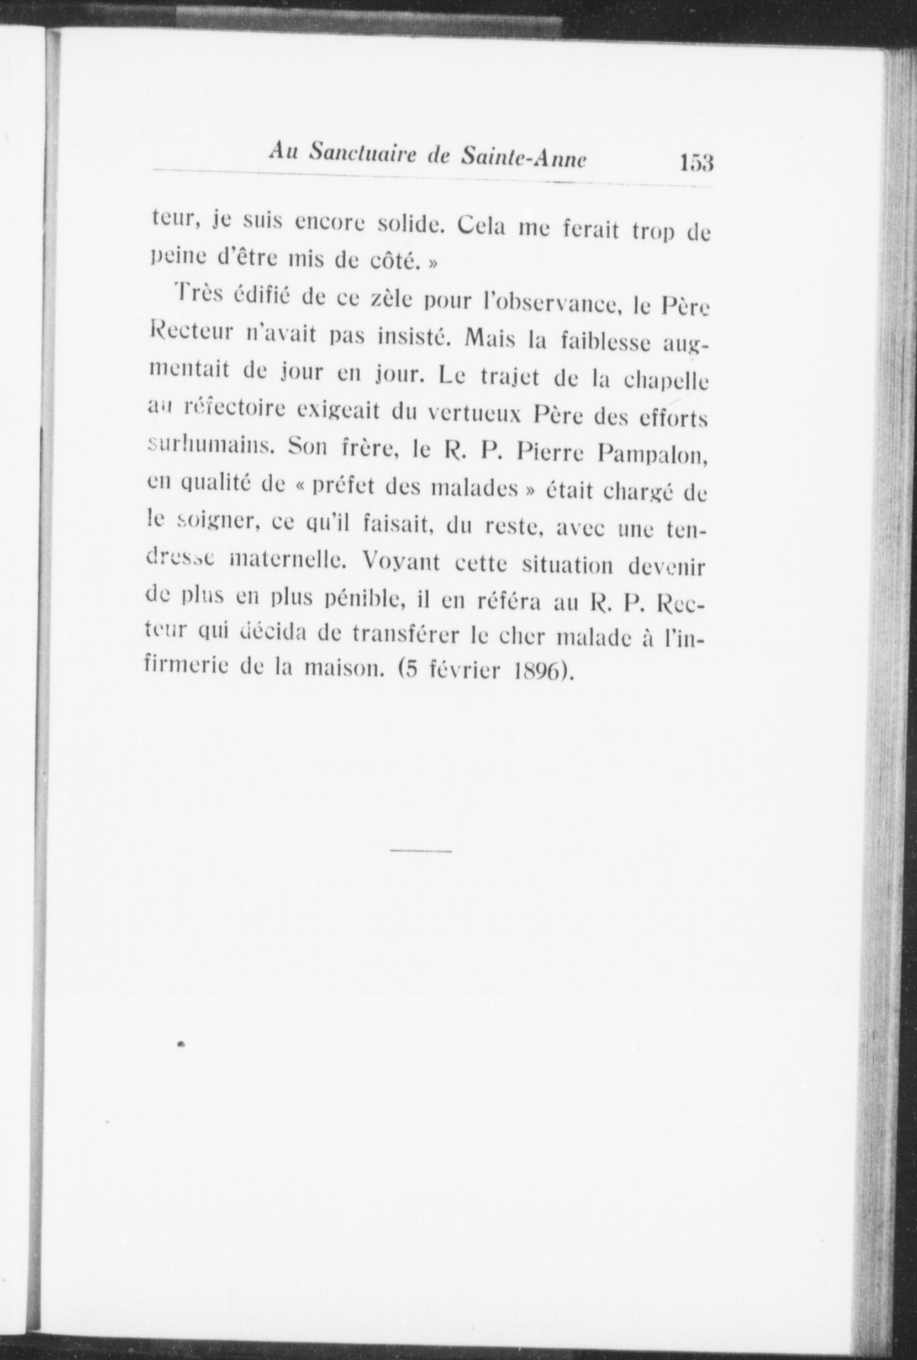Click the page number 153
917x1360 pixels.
click(x=696, y=163)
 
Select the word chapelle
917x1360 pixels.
click(x=667, y=379)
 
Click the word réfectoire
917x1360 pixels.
click(x=233, y=410)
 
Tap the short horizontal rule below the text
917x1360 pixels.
click(x=421, y=851)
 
